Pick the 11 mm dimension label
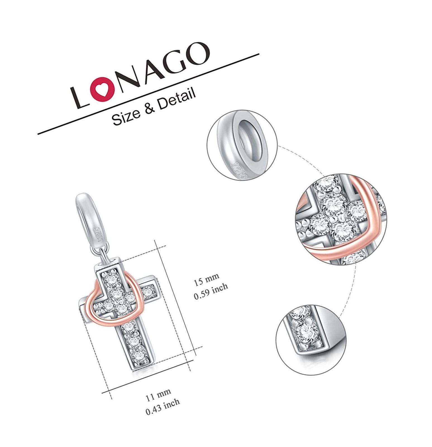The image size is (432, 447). pos(158,395)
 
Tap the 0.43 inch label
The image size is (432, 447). pos(163,407)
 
